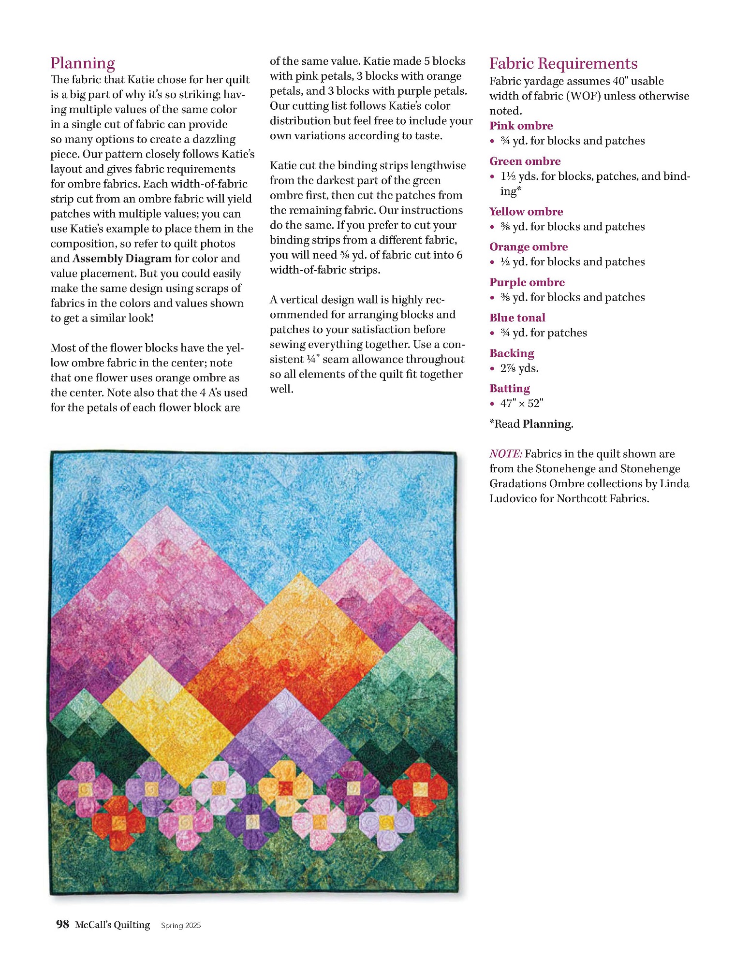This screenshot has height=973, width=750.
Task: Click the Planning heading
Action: tap(83, 63)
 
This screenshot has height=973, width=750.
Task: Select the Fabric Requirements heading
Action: tap(563, 64)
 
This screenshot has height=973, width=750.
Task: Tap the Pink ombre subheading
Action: tap(521, 126)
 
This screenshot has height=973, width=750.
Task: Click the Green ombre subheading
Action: tap(525, 161)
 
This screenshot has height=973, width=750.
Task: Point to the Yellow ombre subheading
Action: tap(526, 211)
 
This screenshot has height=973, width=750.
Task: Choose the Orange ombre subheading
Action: tap(528, 247)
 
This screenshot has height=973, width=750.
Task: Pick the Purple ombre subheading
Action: tap(527, 282)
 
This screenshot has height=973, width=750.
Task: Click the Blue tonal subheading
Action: tap(517, 318)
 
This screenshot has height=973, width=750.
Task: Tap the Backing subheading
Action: tap(512, 353)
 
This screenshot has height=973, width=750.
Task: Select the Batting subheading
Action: tap(509, 388)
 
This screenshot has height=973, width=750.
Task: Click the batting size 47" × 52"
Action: tap(522, 403)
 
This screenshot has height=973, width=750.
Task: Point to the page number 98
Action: tap(62, 924)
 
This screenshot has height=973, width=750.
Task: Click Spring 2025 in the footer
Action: tap(181, 925)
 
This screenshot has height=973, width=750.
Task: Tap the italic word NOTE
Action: tap(505, 454)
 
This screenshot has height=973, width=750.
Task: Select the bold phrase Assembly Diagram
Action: tap(122, 258)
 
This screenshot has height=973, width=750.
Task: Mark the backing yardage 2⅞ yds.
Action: tap(519, 368)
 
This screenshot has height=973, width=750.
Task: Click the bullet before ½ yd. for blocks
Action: tap(492, 262)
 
